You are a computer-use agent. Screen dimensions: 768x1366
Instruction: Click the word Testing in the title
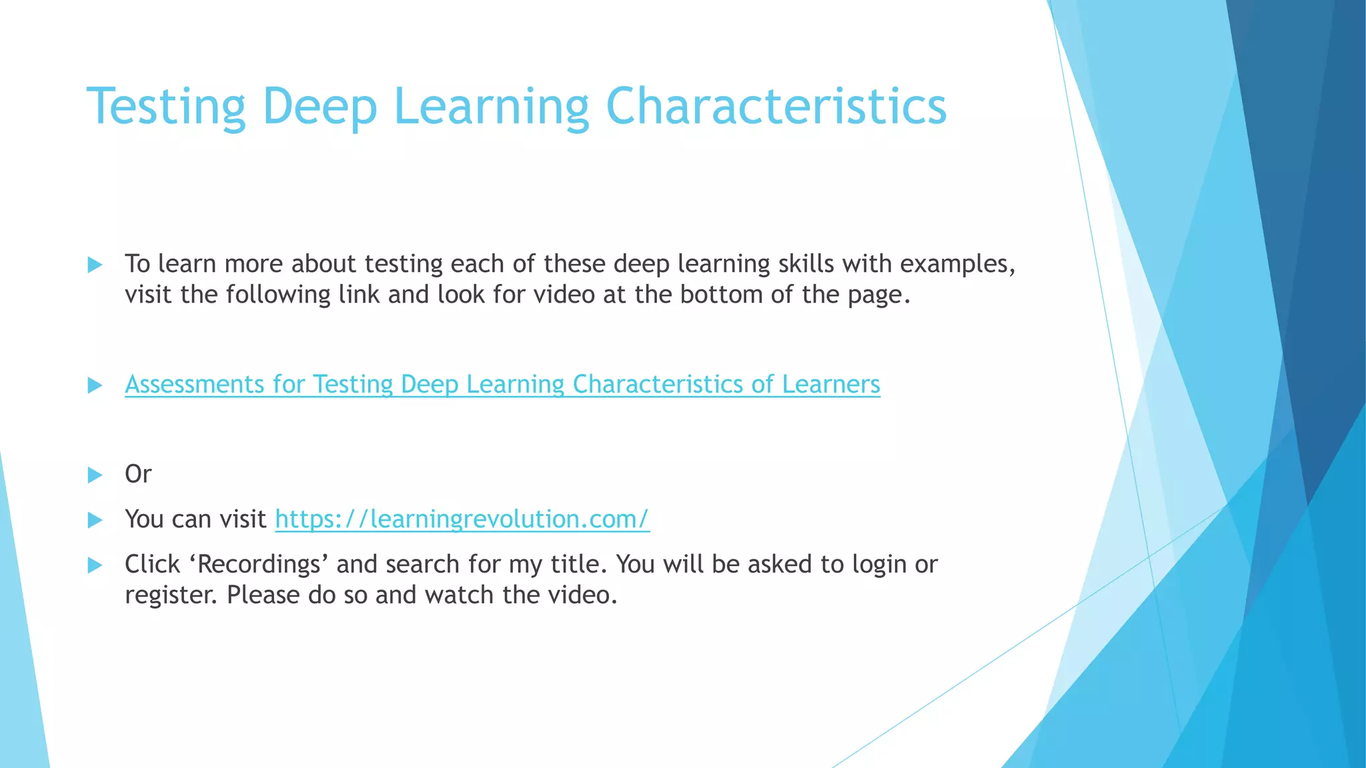166,107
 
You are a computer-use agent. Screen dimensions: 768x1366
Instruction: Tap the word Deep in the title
319,107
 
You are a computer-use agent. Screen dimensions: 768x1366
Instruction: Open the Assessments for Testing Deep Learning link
502,385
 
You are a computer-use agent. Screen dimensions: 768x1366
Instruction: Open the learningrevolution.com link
462,519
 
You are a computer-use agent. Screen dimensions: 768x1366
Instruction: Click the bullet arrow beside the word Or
95,475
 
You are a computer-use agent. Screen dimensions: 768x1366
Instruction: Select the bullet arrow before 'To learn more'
95,265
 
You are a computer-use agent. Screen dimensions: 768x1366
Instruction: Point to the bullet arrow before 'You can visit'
95,520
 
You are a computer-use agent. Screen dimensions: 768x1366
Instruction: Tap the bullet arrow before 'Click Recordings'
95,565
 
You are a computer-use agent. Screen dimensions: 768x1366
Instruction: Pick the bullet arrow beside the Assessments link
95,385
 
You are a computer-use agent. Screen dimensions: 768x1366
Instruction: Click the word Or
138,474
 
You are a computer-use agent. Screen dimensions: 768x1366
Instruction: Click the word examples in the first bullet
957,264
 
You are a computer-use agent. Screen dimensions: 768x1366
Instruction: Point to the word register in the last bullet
171,595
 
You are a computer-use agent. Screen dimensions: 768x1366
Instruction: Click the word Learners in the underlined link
830,385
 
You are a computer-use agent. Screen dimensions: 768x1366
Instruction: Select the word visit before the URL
244,519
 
